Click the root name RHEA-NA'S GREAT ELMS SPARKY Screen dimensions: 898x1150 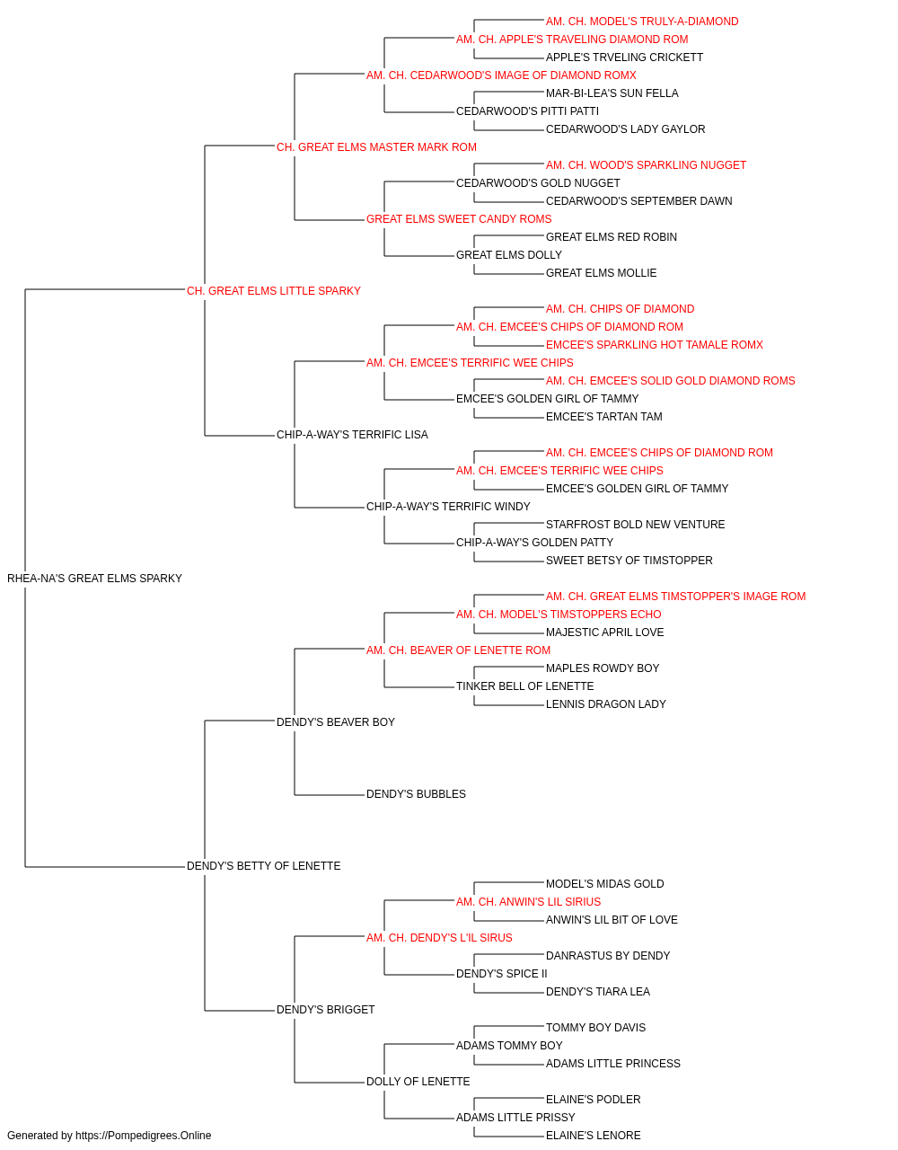tap(94, 579)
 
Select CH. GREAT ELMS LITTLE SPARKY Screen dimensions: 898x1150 tap(273, 291)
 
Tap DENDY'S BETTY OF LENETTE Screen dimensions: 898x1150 tap(263, 866)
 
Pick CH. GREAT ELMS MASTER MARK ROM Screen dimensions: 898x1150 tap(376, 147)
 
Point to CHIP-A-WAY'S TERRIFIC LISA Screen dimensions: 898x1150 tap(352, 435)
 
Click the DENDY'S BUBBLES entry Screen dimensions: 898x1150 tap(416, 794)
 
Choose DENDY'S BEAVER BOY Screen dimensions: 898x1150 tap(336, 721)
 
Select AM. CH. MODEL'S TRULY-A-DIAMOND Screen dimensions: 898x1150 tap(642, 22)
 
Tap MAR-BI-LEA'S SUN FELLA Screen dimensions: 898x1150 tap(612, 93)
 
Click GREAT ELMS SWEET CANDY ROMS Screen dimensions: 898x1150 tap(459, 219)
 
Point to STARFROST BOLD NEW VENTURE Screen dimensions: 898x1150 tap(635, 525)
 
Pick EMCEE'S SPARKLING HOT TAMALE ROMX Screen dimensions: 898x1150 tap(655, 344)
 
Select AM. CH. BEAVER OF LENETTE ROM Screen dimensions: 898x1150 tap(459, 650)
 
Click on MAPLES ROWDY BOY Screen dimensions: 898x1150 tap(603, 668)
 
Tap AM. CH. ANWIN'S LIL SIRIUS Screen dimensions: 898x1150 tap(528, 902)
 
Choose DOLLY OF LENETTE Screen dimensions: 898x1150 tap(418, 1081)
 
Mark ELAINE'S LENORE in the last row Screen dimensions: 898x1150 tap(593, 1136)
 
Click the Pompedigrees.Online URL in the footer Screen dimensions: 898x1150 tap(144, 1136)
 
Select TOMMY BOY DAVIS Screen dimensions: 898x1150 tap(595, 1027)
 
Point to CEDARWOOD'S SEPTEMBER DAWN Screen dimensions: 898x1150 tap(638, 201)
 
